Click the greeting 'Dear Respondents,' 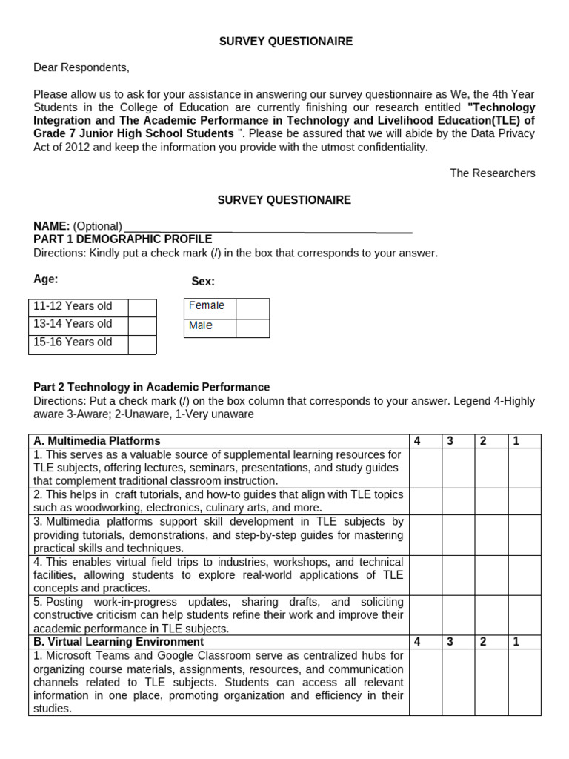tap(81, 67)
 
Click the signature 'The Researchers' tap(492, 173)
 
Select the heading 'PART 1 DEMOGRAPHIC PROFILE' tap(123, 239)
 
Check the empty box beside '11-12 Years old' tap(142, 307)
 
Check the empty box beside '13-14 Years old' tap(142, 325)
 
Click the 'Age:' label tap(46, 279)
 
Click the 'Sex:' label tap(203, 282)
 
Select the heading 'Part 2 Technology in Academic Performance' tap(152, 387)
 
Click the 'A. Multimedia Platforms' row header tap(97, 441)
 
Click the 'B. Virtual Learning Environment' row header tap(119, 642)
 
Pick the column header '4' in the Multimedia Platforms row tap(417, 441)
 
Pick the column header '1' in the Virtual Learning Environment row tap(516, 642)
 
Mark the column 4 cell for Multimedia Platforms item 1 tap(425, 468)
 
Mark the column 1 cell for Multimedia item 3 tap(525, 534)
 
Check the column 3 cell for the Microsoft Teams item tap(459, 682)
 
